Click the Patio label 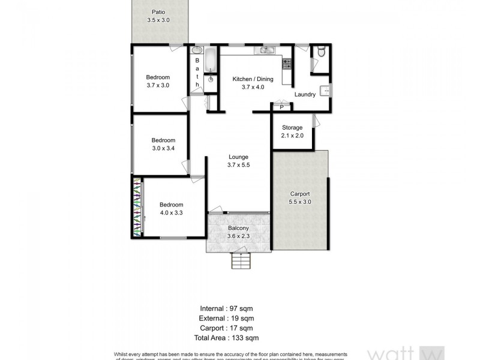click(158, 12)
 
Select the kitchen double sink click(264, 50)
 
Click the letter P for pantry click(281, 107)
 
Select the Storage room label click(292, 127)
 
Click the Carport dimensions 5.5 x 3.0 click(300, 202)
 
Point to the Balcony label click(238, 229)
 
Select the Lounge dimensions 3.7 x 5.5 click(238, 165)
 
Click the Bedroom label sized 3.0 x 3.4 click(163, 140)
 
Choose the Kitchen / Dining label click(253, 79)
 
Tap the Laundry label click(305, 94)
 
